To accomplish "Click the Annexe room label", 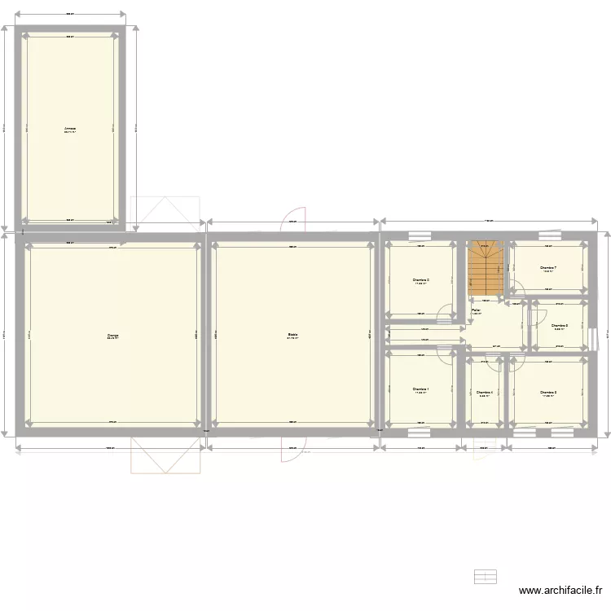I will coord(71,128).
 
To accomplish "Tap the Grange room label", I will coord(112,334).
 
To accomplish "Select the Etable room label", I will coord(292,334).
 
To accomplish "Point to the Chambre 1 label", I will coord(420,389).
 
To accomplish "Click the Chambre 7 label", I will coord(547,267).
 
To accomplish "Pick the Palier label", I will coord(476,310).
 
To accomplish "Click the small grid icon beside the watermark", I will coord(486,576).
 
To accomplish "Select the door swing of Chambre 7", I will coord(515,285).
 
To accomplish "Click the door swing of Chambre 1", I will coord(445,354).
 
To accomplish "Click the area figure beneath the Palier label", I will coord(476,314).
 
